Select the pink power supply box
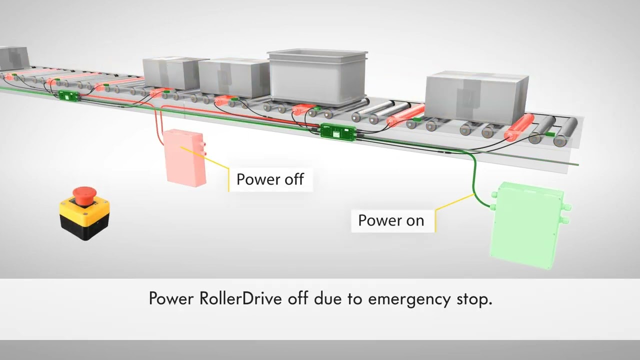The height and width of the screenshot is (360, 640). coord(185,158)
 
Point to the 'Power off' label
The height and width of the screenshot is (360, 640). coord(270,179)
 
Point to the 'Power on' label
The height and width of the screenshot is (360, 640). coord(391,220)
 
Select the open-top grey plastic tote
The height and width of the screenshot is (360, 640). coord(317,76)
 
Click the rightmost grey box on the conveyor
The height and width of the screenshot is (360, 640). coord(476,97)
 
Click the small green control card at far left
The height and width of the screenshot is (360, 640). coord(69,95)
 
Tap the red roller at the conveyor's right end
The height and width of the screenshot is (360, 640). coord(519,127)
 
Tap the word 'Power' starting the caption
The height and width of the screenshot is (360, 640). coord(171,298)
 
